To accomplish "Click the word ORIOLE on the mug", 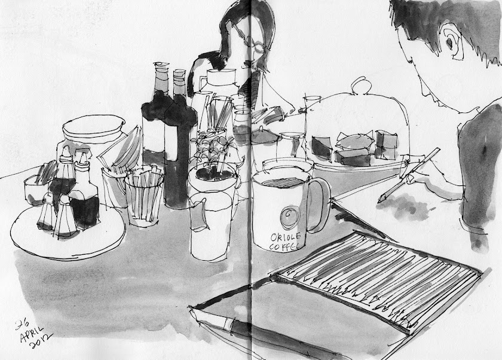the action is coord(285,237).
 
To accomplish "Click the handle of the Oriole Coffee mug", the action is coord(321,204).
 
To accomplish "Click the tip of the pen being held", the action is coord(379,201).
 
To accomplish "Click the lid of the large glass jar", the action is coord(93,127).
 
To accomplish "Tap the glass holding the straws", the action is coord(144,197).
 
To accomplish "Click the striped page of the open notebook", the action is coord(378,279).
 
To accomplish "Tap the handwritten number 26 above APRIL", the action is coord(22,325).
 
